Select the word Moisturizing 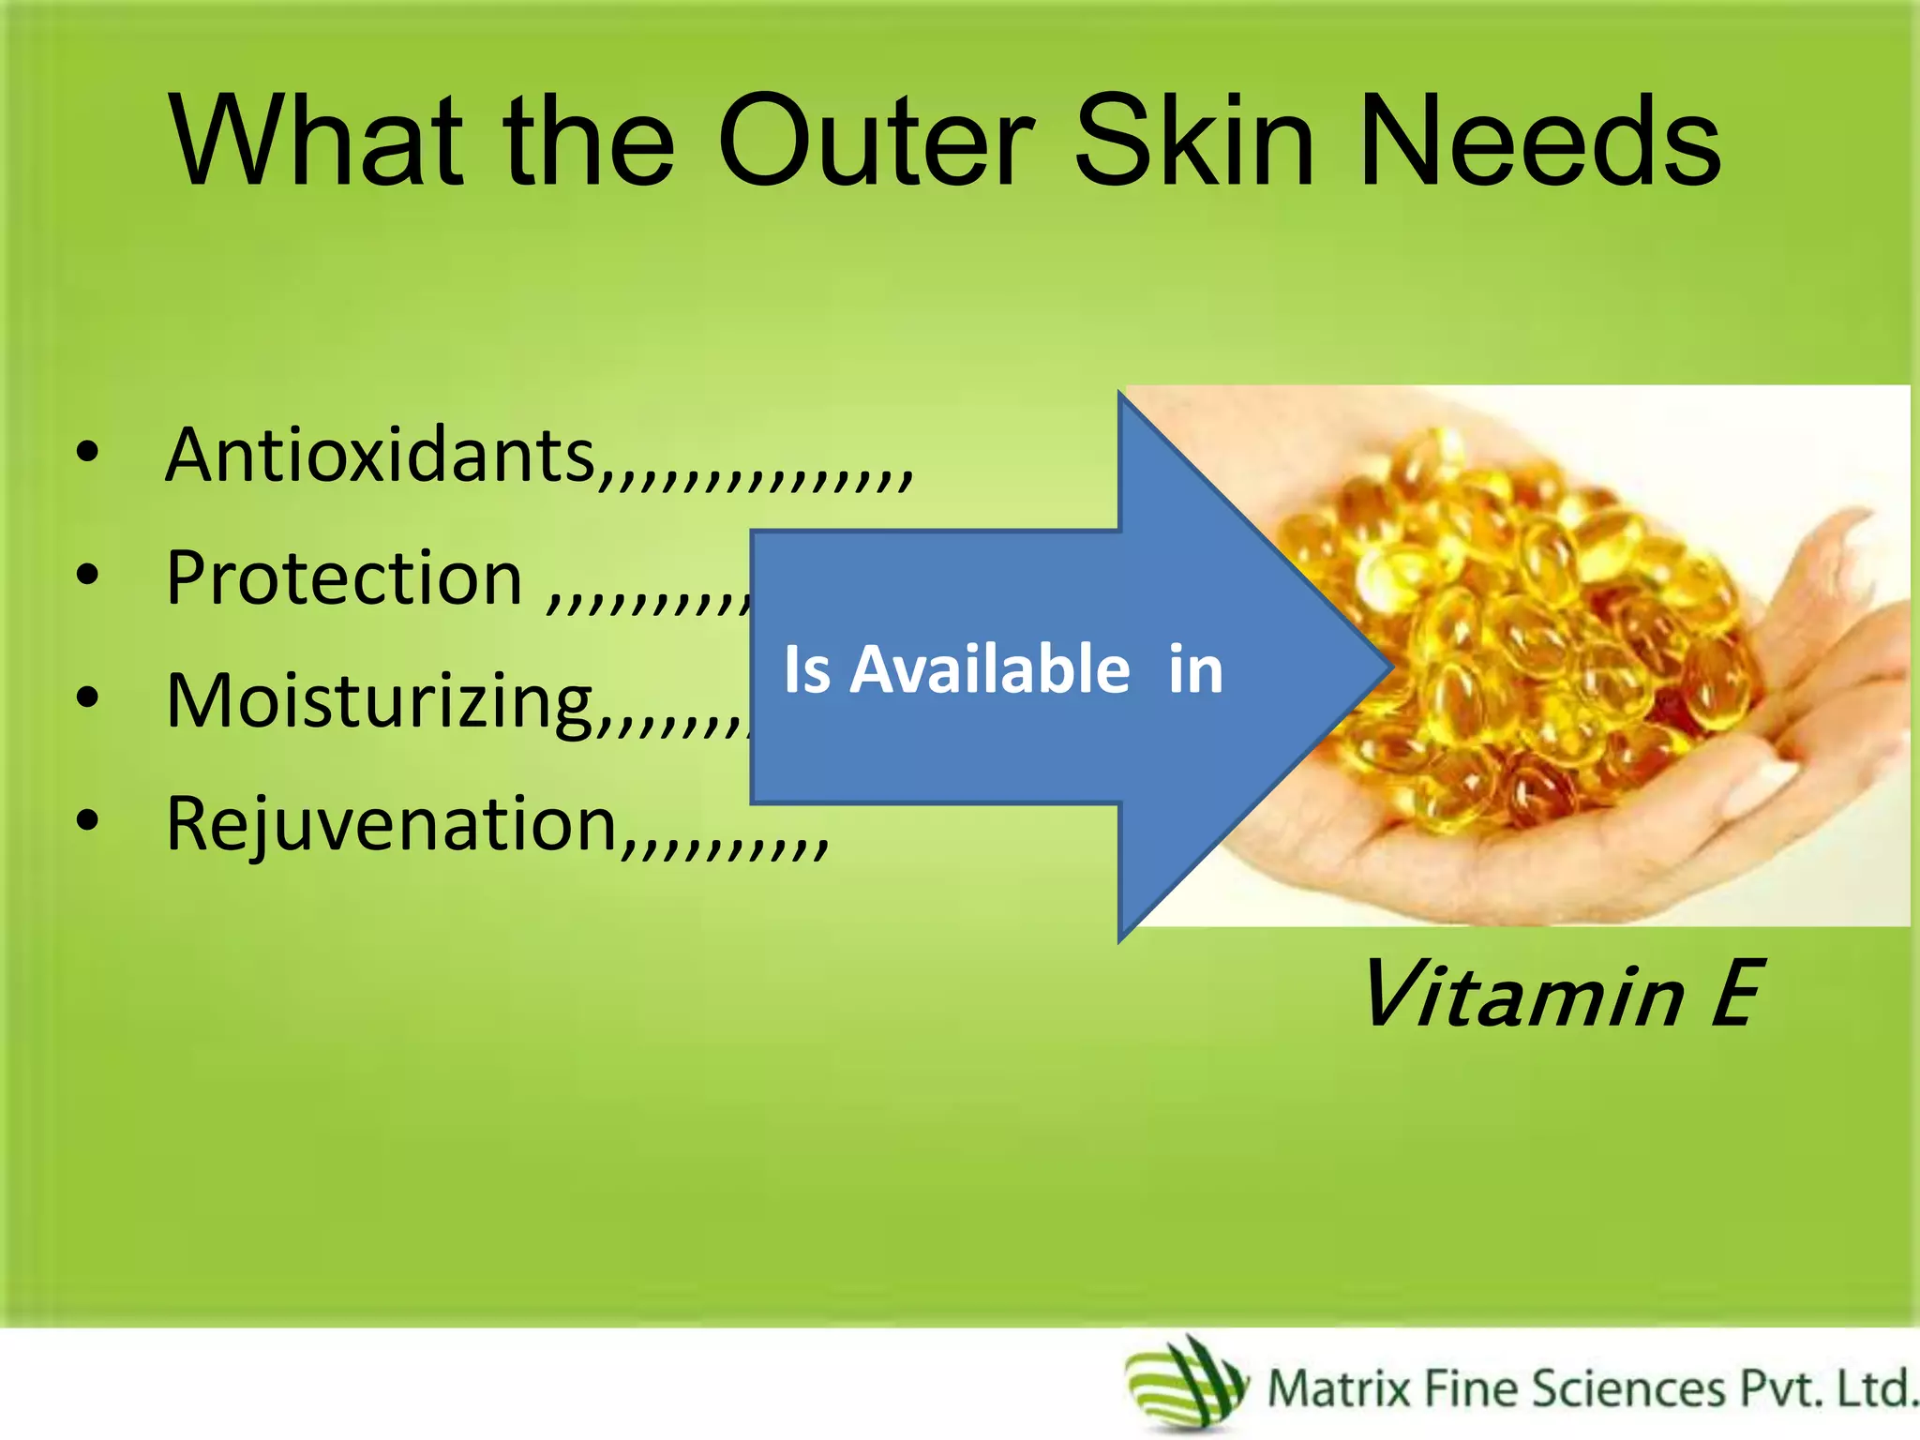click(x=380, y=701)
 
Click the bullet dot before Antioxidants click(x=87, y=454)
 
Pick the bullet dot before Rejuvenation click(x=87, y=821)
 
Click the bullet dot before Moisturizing click(x=87, y=698)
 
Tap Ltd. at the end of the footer click(x=1876, y=1388)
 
